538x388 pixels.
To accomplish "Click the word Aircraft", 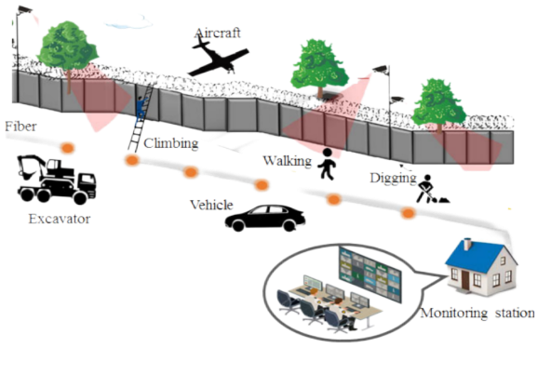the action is pos(217,33).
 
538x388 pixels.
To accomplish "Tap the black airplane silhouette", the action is pos(217,59).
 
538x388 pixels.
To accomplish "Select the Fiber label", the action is pos(20,127).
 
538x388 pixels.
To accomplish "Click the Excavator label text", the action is pos(60,219).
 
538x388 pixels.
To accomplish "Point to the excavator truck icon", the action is pos(57,179).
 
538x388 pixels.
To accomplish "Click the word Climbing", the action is pos(171,143).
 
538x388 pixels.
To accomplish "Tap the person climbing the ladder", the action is pos(141,108).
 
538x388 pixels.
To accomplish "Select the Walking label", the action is pos(288,161).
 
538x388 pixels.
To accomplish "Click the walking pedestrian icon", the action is pos(327,164).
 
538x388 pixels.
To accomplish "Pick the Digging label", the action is pos(393,178).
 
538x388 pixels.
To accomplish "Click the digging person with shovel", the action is pos(431,190).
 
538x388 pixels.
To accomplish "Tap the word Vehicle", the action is pos(211,205).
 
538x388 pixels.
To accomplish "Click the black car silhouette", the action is pos(265,218).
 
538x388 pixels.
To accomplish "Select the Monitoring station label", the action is pos(477,313).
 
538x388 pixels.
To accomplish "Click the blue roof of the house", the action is pos(474,256).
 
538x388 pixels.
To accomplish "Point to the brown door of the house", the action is pos(464,279).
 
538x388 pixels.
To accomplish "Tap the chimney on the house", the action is pos(467,244).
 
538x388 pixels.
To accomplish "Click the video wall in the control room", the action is pos(370,274).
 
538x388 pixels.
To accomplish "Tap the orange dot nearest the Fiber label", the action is pos(68,148).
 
